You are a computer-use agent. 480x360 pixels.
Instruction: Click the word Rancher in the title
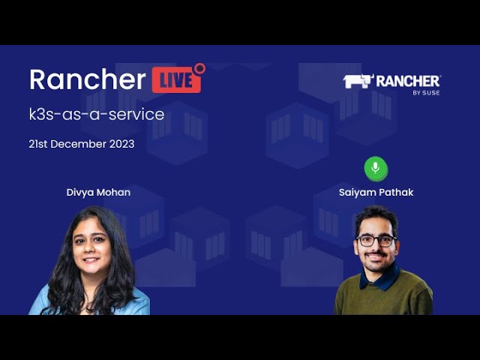coord(87,79)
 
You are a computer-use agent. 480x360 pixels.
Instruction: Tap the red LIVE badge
coord(176,80)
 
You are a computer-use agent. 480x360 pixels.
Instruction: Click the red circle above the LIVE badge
coord(199,68)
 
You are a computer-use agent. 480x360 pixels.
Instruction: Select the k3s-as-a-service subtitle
coord(96,115)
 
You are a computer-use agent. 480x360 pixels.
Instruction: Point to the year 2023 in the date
coord(121,144)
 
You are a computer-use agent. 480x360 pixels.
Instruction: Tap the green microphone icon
coord(376,169)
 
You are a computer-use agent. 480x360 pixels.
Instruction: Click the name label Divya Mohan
coord(98,193)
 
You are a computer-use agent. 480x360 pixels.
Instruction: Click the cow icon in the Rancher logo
coord(357,81)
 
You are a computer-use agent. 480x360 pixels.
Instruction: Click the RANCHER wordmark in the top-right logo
coord(409,81)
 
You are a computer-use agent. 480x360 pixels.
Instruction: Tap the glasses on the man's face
coord(376,241)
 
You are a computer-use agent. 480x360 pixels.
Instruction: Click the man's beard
coord(376,262)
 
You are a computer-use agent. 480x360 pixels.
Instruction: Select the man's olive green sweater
coord(382,296)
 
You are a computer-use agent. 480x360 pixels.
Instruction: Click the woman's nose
coord(91,253)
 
